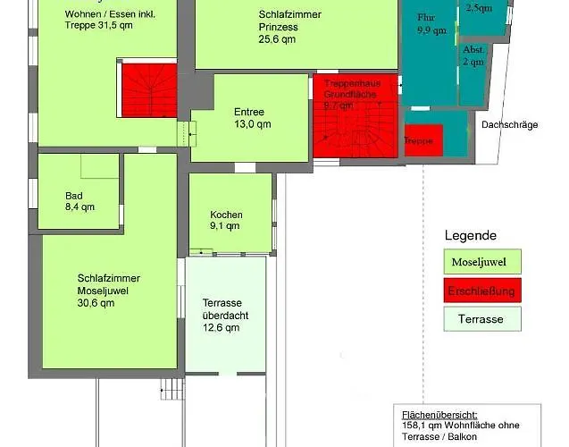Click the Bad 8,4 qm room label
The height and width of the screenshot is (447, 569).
point(79,201)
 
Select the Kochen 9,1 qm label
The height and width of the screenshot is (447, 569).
point(225,221)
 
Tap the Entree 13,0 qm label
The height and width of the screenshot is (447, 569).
point(249,118)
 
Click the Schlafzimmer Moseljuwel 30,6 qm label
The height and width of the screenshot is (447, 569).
point(108,291)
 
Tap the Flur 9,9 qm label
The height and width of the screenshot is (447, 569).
point(431,23)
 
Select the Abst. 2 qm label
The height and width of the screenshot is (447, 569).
point(473,56)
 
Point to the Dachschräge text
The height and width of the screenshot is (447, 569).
point(509,125)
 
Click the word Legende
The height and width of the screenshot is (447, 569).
point(471,235)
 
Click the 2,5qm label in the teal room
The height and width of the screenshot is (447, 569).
point(479,8)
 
